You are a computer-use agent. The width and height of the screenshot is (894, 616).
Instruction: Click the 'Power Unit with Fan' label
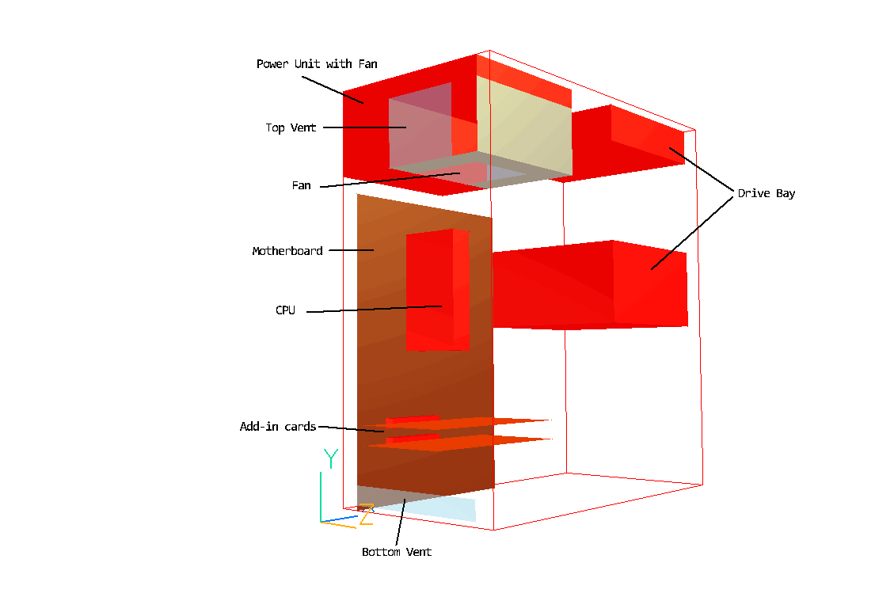[317, 64]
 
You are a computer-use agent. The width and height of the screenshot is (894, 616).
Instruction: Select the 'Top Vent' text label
[290, 127]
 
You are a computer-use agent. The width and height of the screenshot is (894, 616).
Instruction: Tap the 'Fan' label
[301, 185]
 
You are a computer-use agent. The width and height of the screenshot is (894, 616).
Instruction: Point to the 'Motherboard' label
[287, 251]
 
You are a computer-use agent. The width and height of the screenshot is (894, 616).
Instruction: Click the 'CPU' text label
[285, 310]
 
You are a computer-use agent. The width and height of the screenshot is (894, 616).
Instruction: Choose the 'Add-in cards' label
[278, 426]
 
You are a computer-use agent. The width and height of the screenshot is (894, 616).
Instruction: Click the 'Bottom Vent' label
[397, 552]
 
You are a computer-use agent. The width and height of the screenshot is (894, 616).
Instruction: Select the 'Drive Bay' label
[767, 193]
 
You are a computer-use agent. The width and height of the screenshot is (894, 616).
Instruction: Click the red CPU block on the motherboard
[437, 290]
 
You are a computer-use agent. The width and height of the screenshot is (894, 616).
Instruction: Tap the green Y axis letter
[331, 458]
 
